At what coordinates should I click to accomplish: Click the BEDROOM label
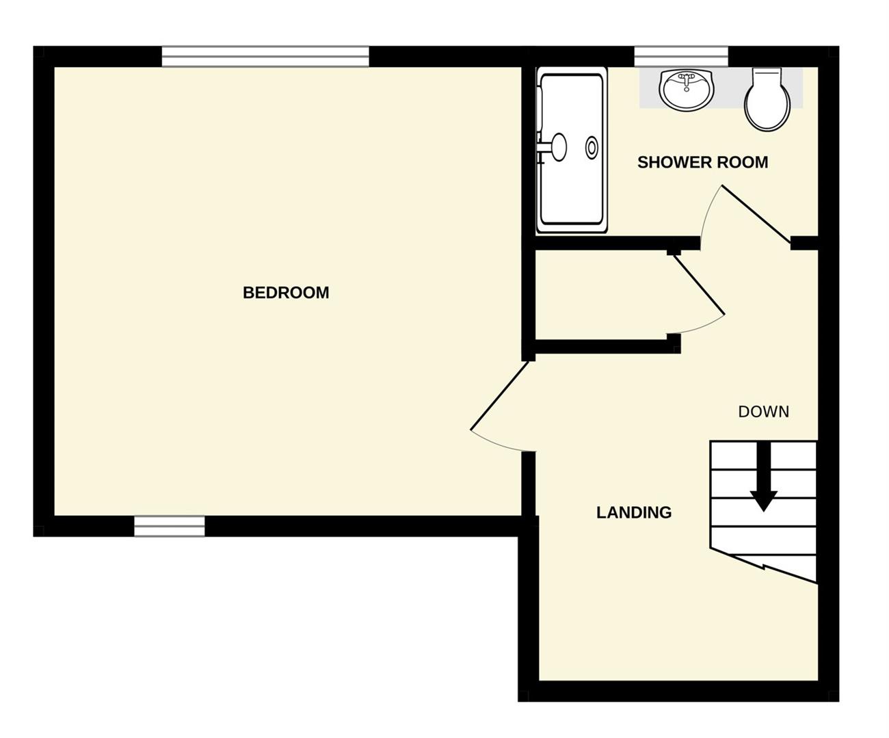[x=286, y=293]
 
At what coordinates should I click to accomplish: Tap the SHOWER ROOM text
[x=702, y=162]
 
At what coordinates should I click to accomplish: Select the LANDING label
[x=634, y=512]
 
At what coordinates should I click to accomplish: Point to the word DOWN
[x=763, y=412]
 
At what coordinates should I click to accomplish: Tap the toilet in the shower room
[x=767, y=100]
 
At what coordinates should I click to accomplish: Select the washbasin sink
[x=686, y=90]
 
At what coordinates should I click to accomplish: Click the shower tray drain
[x=592, y=148]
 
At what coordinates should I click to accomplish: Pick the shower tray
[x=572, y=150]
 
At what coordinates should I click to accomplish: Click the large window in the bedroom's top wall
[x=265, y=56]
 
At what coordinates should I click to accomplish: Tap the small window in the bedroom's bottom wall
[x=170, y=526]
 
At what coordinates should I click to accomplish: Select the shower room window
[x=681, y=56]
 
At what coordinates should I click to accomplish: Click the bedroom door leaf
[x=500, y=395]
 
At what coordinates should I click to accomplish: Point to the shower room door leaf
[x=756, y=215]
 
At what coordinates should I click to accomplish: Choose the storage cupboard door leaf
[x=699, y=285]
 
